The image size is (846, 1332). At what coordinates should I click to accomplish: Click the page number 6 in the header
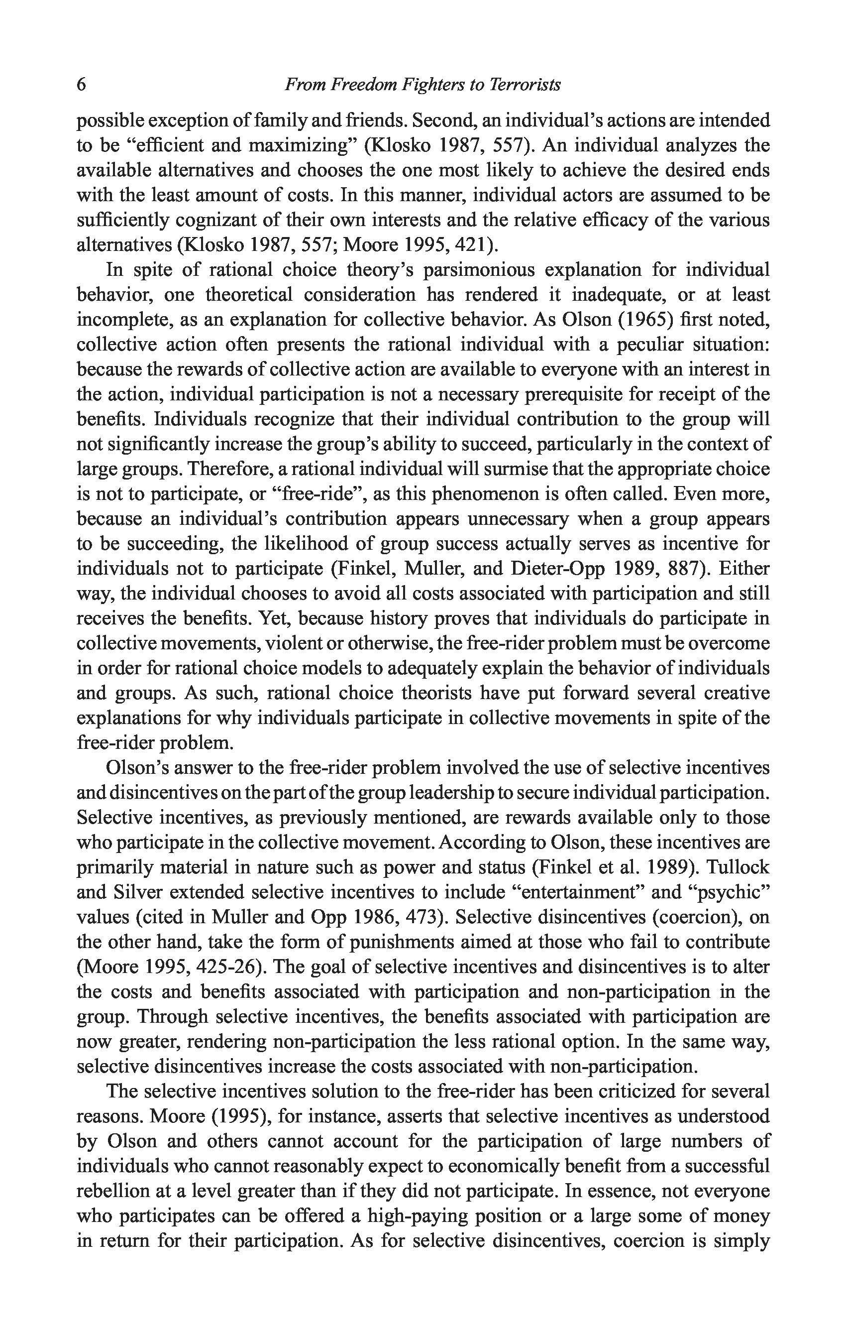(81, 85)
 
